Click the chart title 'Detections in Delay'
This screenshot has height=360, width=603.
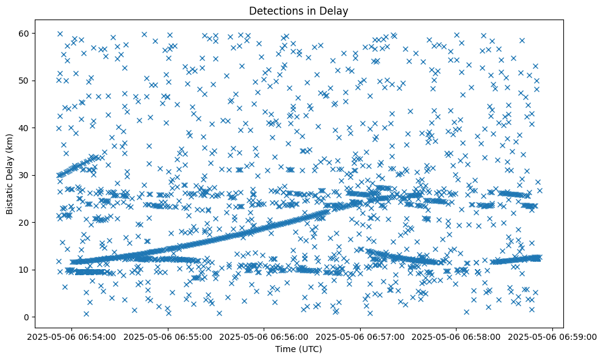pos(299,10)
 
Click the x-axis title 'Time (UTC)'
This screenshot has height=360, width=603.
pos(299,349)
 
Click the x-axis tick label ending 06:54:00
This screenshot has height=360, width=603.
pos(72,336)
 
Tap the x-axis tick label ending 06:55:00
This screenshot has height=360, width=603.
pos(168,336)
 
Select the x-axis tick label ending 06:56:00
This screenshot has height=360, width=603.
pos(264,336)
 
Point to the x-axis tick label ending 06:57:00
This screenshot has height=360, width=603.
pos(360,336)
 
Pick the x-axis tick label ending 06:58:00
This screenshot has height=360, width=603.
pos(457,336)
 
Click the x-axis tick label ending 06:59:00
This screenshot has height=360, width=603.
pos(553,336)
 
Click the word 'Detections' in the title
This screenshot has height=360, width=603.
pos(275,10)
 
